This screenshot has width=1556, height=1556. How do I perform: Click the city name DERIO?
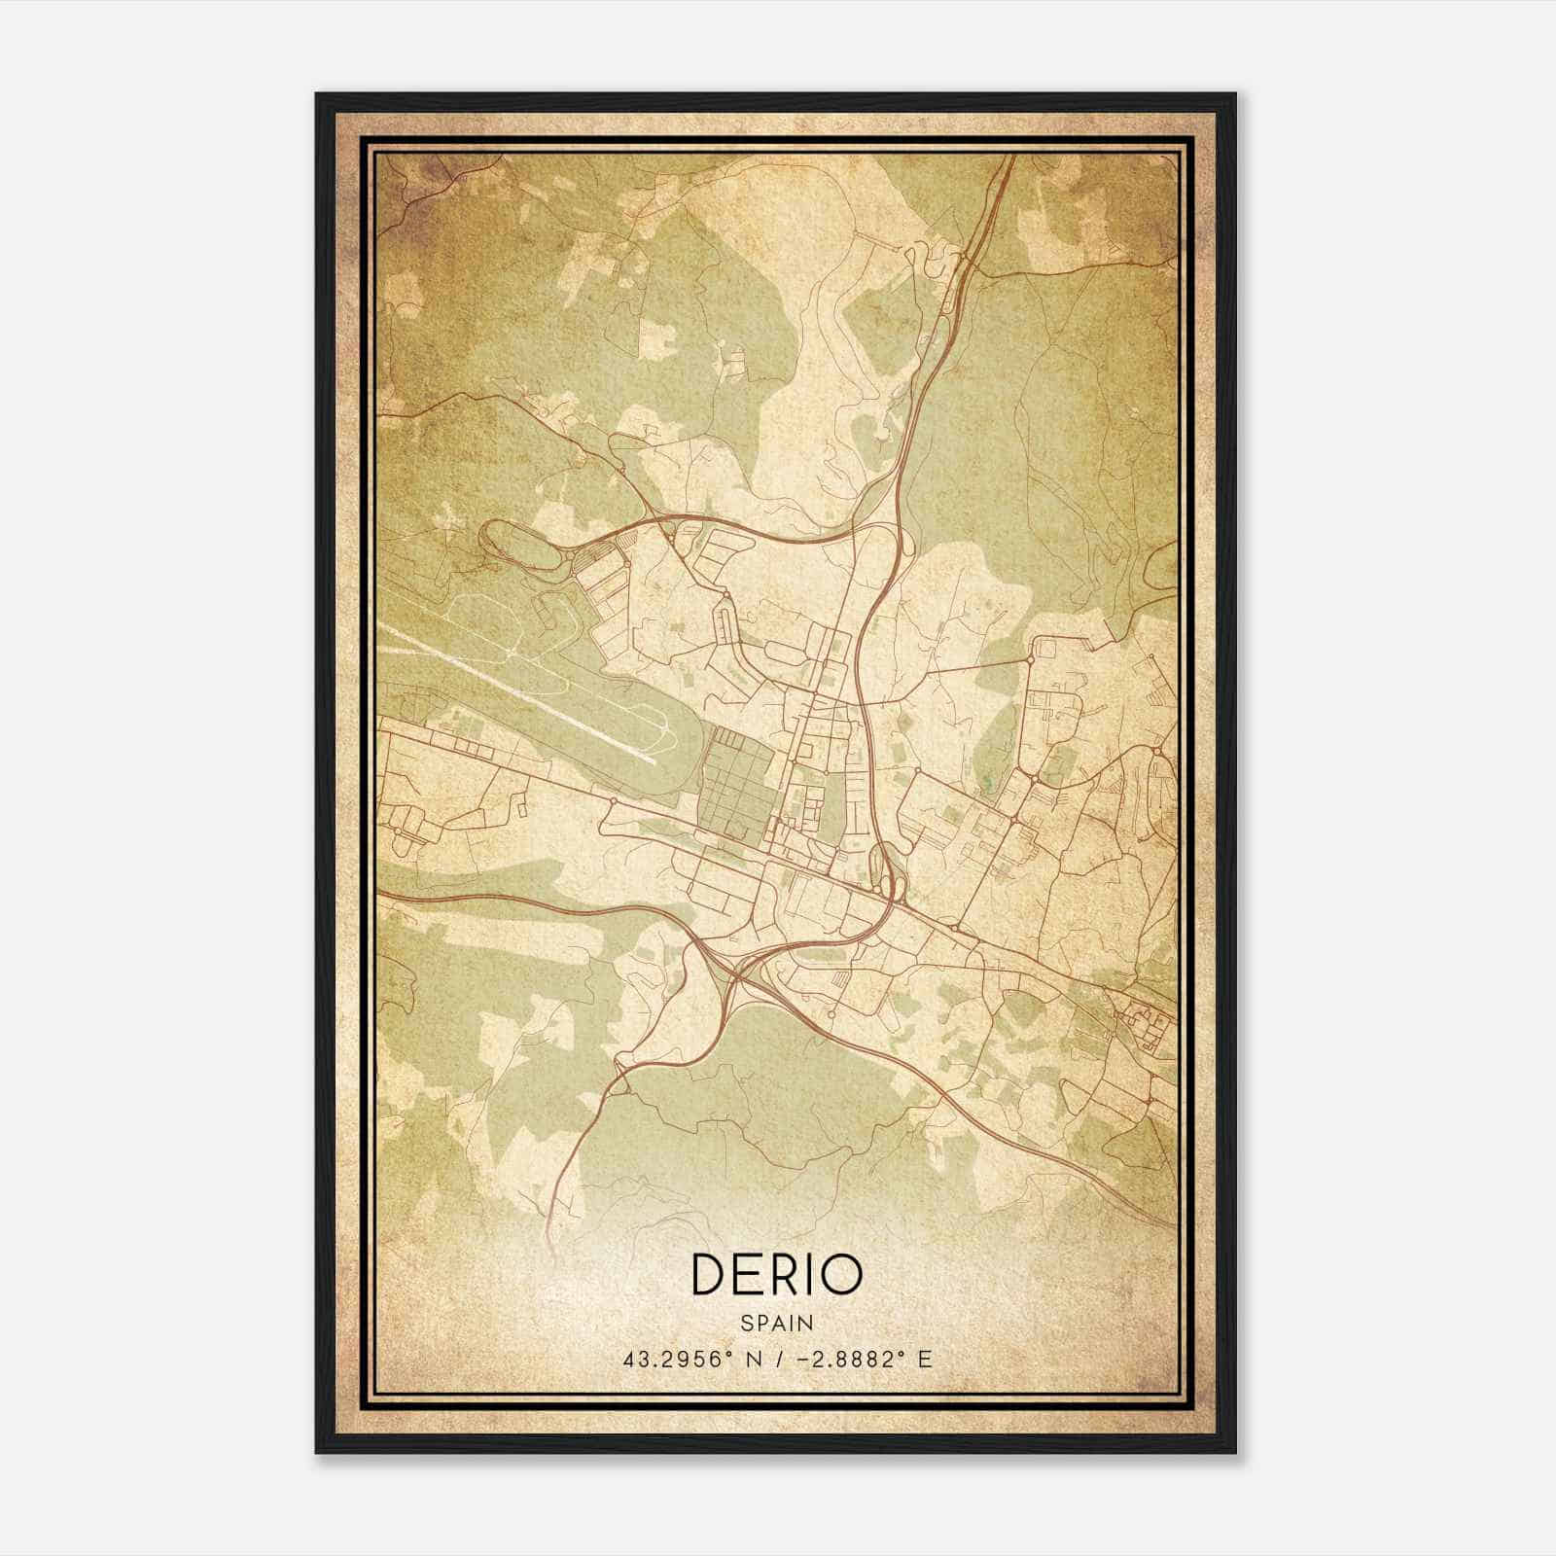pyautogui.click(x=776, y=1274)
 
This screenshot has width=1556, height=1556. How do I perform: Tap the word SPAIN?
pyautogui.click(x=776, y=1323)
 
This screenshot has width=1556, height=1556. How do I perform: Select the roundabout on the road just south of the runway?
pyautogui.click(x=613, y=800)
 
